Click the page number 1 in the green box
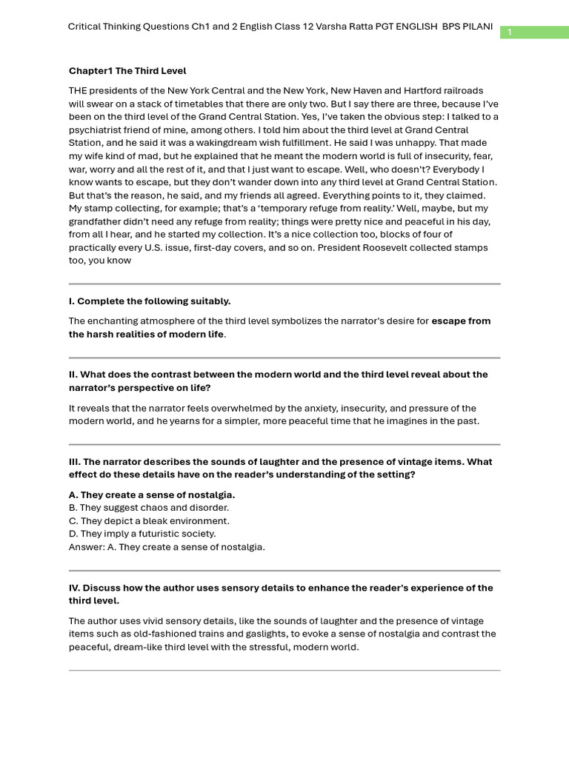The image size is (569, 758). coord(510,32)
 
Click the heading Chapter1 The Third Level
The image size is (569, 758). coord(127,71)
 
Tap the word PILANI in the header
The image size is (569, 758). coord(478,27)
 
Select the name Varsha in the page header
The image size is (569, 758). coord(321,27)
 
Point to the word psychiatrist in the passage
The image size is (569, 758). coord(96,130)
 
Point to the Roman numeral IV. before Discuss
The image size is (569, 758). coord(74,588)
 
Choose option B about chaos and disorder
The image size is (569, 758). coord(149,508)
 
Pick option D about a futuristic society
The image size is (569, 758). coord(142,534)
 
